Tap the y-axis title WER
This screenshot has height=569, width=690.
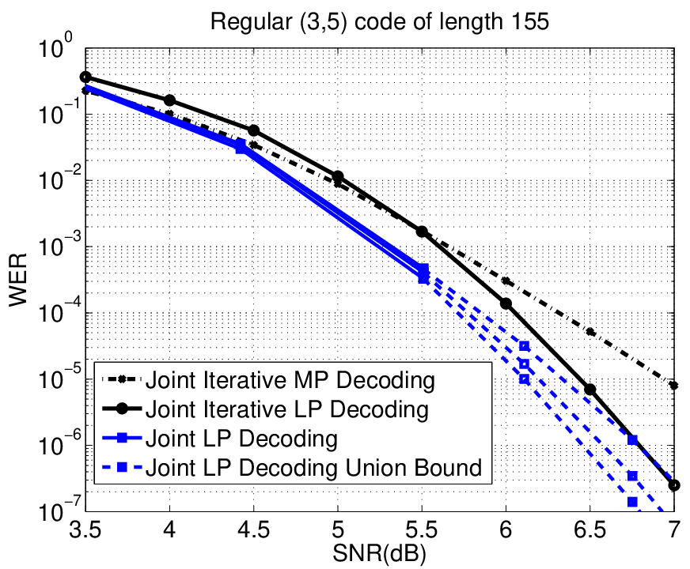tap(17, 280)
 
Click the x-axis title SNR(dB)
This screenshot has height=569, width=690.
tap(379, 554)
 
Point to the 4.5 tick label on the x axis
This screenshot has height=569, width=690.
tap(253, 530)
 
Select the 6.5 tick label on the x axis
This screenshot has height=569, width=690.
tap(590, 530)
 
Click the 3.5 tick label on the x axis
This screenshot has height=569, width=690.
tap(85, 530)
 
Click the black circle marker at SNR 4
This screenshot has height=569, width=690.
tap(169, 100)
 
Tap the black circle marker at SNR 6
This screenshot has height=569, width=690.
tap(506, 303)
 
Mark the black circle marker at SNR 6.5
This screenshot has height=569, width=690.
tap(590, 390)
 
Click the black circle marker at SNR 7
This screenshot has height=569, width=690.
tap(673, 485)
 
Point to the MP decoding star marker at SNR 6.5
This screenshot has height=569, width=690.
tap(590, 332)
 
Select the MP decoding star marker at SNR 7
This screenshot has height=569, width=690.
tap(673, 386)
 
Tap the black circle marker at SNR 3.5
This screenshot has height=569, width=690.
tap(85, 77)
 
